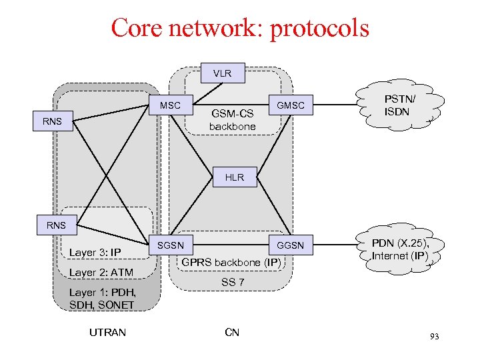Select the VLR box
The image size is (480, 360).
click(x=222, y=73)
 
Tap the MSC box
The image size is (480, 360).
click(x=169, y=105)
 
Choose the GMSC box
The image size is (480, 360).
click(x=290, y=105)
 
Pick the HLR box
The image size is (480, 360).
click(x=235, y=177)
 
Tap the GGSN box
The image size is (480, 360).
click(x=290, y=245)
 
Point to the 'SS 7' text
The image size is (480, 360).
click(x=233, y=282)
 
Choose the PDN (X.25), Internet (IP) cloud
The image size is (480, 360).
click(x=400, y=249)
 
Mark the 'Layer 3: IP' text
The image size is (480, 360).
click(x=95, y=252)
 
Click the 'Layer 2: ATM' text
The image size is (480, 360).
click(x=101, y=272)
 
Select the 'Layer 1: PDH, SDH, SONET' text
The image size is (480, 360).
click(x=101, y=299)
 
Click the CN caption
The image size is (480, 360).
click(x=232, y=332)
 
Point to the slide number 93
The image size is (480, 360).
click(x=434, y=337)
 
